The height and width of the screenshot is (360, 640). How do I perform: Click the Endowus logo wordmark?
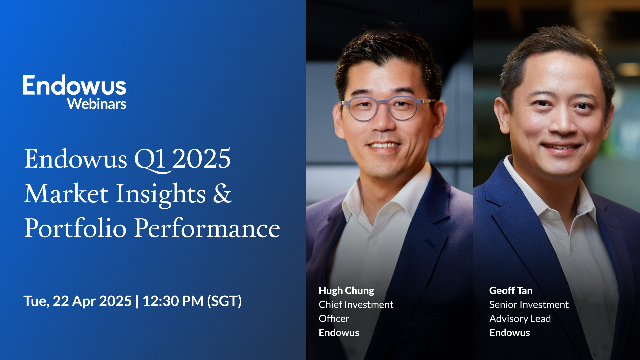pyautogui.click(x=74, y=86)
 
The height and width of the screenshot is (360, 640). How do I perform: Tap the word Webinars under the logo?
pyautogui.click(x=97, y=104)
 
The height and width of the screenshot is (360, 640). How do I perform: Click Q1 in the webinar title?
pyautogui.click(x=150, y=159)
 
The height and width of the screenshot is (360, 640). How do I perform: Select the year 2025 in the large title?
pyautogui.click(x=201, y=159)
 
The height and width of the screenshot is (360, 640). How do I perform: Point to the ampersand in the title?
pyautogui.click(x=222, y=193)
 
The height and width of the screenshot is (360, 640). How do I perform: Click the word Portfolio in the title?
pyautogui.click(x=75, y=228)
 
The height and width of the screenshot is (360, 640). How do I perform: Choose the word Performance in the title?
pyautogui.click(x=207, y=228)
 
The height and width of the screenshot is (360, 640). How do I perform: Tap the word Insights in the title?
pyautogui.click(x=160, y=194)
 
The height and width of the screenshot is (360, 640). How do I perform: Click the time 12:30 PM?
pyautogui.click(x=173, y=301)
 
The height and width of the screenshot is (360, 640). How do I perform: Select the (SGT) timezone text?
pyautogui.click(x=224, y=301)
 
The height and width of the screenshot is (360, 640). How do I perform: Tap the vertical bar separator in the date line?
pyautogui.click(x=137, y=301)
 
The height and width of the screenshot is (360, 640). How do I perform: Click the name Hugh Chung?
pyautogui.click(x=346, y=291)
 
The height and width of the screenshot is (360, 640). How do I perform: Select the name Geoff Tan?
pyautogui.click(x=511, y=291)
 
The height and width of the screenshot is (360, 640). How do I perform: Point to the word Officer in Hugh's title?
pyautogui.click(x=334, y=319)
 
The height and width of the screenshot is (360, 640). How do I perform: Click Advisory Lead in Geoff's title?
pyautogui.click(x=520, y=319)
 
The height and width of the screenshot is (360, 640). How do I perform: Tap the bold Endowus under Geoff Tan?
pyautogui.click(x=509, y=333)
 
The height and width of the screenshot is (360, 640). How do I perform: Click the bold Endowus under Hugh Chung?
pyautogui.click(x=339, y=333)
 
